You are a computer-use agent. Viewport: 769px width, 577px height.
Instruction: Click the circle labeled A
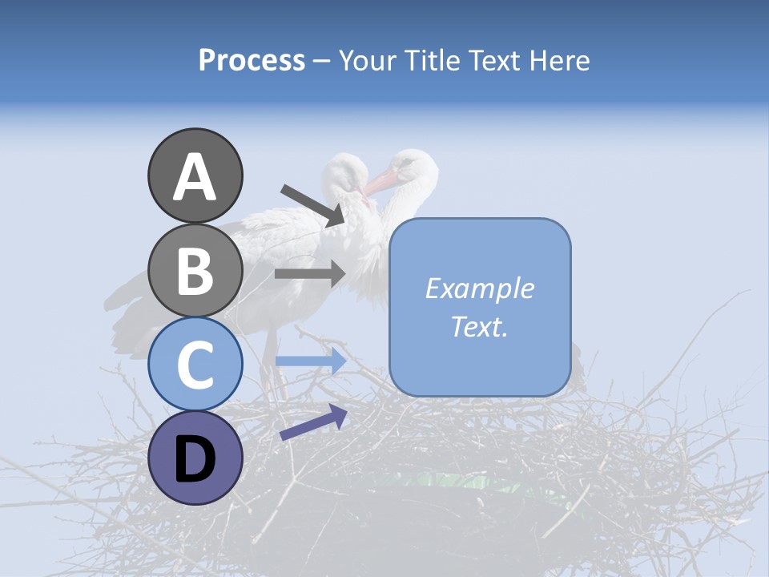pyautogui.click(x=195, y=176)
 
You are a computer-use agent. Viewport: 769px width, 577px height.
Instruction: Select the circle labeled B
pyautogui.click(x=195, y=270)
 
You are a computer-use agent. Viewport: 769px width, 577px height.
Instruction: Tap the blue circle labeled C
pyautogui.click(x=195, y=364)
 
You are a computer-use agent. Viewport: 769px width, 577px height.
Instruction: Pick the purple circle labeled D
pyautogui.click(x=195, y=458)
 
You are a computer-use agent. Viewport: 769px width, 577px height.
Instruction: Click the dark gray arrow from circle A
pyautogui.click(x=312, y=204)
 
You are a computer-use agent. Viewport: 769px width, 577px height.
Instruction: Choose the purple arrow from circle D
pyautogui.click(x=313, y=422)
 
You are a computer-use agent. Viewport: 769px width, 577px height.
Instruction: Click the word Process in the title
pyautogui.click(x=252, y=60)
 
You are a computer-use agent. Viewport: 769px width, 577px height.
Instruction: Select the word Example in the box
pyautogui.click(x=479, y=288)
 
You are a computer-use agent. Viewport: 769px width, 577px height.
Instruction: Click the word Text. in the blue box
pyautogui.click(x=479, y=326)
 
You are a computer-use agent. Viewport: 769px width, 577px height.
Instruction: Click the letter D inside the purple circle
pyautogui.click(x=195, y=459)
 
